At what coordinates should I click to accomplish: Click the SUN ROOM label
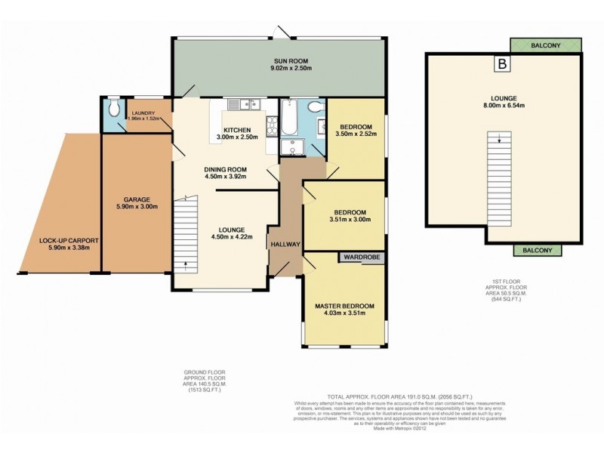pyautogui.click(x=280, y=61)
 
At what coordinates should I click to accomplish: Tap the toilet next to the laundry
pyautogui.click(x=112, y=110)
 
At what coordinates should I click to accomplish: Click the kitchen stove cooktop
pyautogui.click(x=270, y=125)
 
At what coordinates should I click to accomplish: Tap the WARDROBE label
pyautogui.click(x=359, y=257)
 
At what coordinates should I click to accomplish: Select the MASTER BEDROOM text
pyautogui.click(x=345, y=306)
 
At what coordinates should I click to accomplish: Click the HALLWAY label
pyautogui.click(x=285, y=245)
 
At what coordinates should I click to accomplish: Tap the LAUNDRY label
pyautogui.click(x=141, y=112)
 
